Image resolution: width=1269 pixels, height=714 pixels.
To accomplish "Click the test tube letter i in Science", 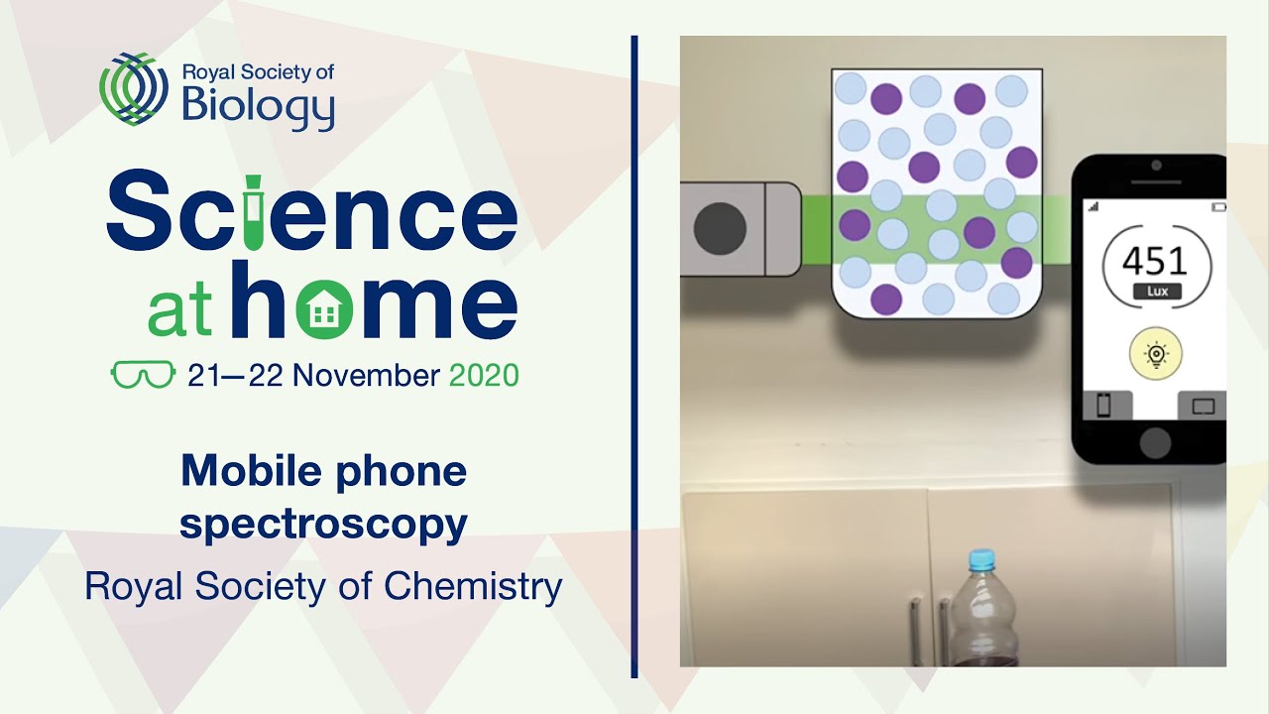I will [253, 212].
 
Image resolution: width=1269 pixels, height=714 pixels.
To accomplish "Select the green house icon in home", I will [322, 308].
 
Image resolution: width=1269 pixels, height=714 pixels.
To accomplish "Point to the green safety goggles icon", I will [143, 376].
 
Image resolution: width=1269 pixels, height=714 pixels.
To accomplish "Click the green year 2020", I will [484, 376].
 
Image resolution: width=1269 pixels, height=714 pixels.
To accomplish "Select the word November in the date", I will [366, 376].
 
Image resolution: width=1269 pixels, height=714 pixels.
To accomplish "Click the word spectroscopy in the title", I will [323, 524].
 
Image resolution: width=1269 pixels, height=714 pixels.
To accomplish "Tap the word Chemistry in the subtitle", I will [473, 586].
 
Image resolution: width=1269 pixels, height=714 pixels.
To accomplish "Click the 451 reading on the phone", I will [1156, 261].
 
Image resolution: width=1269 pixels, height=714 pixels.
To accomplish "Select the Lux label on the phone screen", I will [1156, 292].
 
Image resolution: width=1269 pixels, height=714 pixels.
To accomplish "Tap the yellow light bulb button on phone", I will [1156, 354].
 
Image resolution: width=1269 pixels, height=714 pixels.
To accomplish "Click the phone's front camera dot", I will [1156, 165].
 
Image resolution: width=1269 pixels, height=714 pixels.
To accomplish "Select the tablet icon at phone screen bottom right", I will [1202, 406].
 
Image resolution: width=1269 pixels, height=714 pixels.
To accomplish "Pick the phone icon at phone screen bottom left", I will [1103, 406].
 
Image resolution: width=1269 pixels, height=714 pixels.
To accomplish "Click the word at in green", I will [179, 311].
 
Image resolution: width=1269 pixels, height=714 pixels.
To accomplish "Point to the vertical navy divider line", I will [634, 357].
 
